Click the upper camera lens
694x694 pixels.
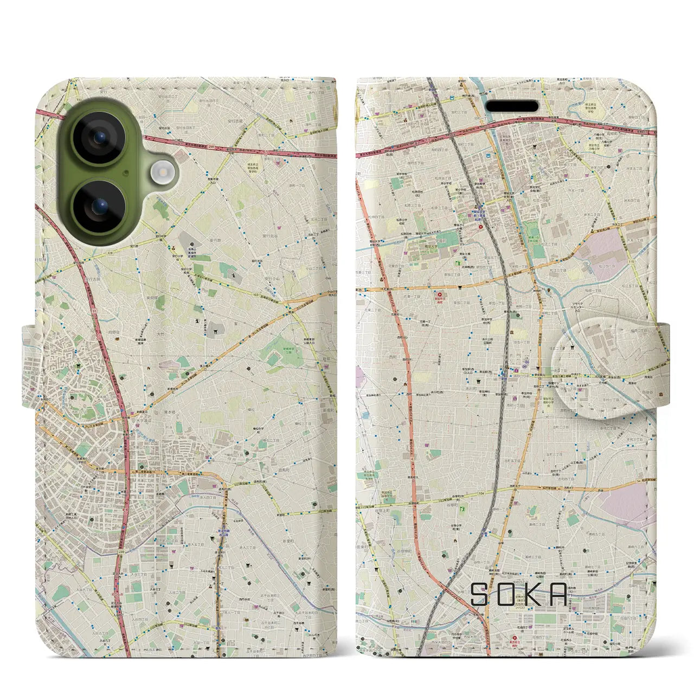(99, 138)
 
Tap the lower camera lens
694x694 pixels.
(99, 207)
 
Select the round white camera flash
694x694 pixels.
(162, 173)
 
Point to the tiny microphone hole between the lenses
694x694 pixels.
(126, 173)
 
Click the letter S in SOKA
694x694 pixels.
(480, 595)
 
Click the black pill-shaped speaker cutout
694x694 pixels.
(511, 106)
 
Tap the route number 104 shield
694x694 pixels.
(466, 494)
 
